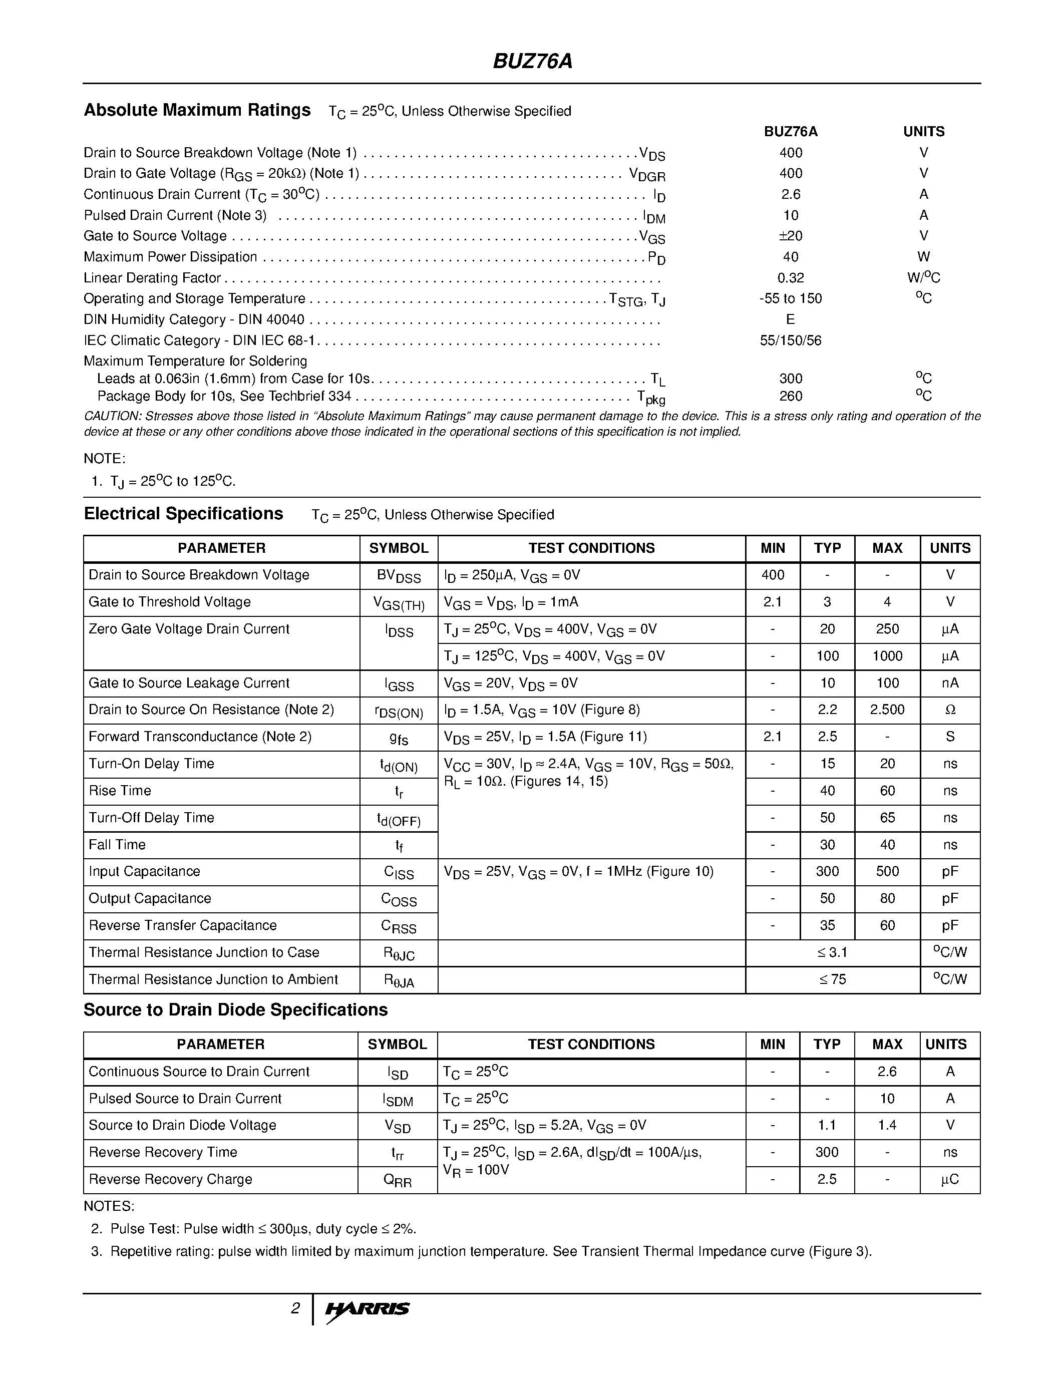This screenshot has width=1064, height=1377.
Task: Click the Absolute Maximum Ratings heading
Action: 197,110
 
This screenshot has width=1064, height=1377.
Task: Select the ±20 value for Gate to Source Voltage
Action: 791,236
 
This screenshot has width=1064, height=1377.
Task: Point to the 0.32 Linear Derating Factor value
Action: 791,278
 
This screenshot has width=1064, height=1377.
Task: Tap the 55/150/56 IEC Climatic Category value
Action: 791,340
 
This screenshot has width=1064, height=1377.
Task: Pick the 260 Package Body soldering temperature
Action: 791,396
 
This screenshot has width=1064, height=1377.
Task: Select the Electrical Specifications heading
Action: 183,514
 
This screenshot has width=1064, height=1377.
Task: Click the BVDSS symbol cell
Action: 399,576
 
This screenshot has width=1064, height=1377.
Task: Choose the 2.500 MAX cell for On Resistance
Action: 887,710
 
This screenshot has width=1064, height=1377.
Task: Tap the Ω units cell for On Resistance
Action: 950,710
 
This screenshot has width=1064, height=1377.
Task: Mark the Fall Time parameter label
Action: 117,845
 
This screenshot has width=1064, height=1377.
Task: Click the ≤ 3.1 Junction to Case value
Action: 832,953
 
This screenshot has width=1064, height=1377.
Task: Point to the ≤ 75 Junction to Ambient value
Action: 832,980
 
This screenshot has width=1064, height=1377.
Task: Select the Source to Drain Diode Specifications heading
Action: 236,1010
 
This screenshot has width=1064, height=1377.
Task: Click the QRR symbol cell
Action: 397,1180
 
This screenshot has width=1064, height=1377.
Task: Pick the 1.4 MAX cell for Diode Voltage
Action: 887,1126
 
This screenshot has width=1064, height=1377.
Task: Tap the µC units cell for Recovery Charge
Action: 950,1180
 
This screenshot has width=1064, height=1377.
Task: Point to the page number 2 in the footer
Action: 295,1309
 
